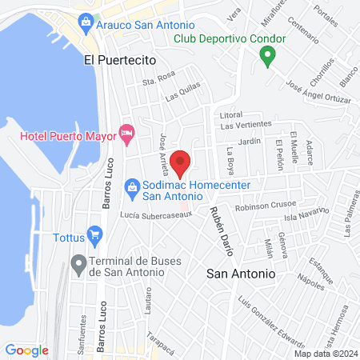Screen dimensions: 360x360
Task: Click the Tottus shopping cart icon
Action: [x=96, y=236]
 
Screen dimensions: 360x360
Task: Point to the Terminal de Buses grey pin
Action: [x=78, y=262]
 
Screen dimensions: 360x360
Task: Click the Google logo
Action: [x=26, y=350]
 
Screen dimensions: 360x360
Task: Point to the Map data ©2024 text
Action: [x=325, y=354]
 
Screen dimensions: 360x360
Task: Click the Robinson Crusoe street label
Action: [x=263, y=205]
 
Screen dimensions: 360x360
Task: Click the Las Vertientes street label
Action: [x=247, y=125]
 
